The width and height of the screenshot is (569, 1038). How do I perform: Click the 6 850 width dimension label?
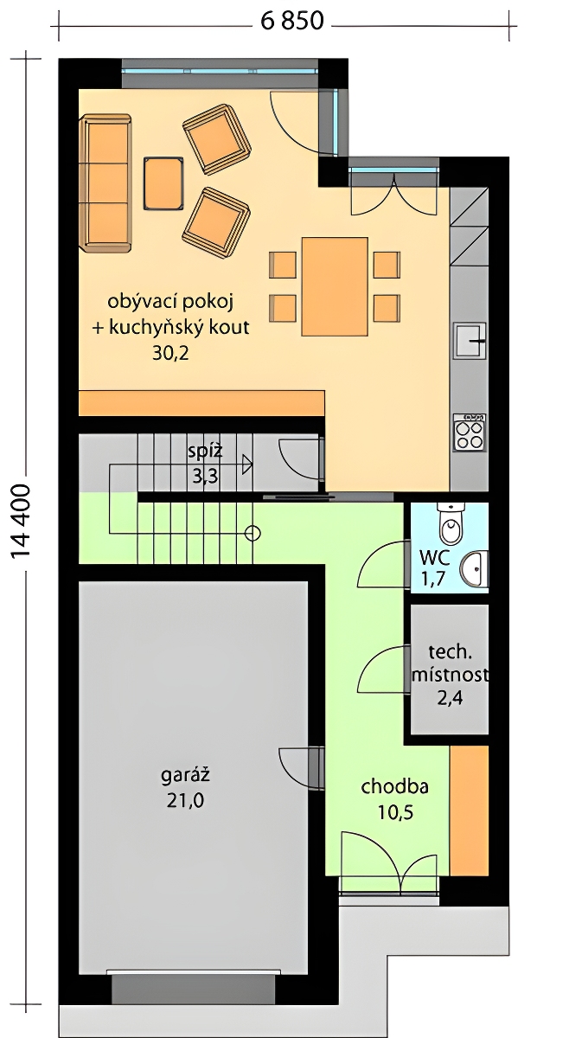click(292, 22)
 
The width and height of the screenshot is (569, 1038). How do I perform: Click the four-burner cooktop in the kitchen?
click(470, 432)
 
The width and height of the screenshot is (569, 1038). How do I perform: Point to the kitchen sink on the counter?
click(470, 341)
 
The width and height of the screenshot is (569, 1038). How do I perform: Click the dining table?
click(335, 286)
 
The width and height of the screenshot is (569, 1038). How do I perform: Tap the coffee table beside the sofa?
click(163, 184)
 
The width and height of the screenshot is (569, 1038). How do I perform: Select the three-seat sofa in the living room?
click(105, 184)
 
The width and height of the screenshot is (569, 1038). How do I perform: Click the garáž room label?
click(185, 775)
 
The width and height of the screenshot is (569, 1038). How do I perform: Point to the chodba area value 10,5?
click(395, 812)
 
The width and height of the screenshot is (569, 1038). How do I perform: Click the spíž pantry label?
click(205, 451)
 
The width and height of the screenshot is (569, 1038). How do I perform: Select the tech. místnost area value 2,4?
click(450, 697)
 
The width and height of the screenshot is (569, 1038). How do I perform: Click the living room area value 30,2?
click(170, 354)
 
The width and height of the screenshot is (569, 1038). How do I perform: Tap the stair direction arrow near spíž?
click(246, 464)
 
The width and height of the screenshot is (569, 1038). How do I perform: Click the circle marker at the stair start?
click(252, 534)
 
